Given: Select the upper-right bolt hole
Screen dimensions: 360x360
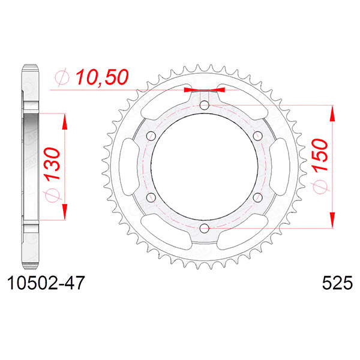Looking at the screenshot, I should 257,136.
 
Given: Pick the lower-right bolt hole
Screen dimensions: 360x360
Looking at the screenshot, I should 257,197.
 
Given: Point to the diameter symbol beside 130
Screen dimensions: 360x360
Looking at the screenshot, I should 52,196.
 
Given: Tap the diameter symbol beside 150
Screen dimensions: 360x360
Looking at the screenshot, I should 318,187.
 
